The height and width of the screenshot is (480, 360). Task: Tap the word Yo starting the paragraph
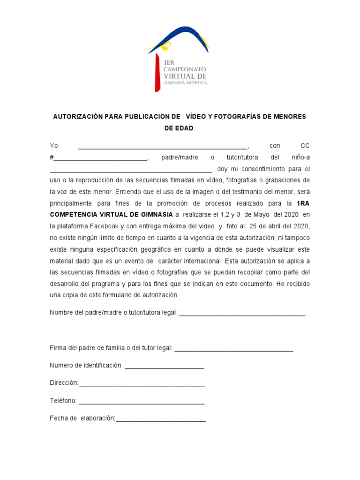pos(54,146)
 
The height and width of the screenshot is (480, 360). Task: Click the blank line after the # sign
pos(101,158)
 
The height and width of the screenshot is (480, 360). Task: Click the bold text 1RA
pos(303,203)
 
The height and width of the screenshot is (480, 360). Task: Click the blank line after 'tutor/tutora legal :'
pos(242,313)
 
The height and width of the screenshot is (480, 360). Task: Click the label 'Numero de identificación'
pos(85,365)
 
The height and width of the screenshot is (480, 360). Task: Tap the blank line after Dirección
pos(142,383)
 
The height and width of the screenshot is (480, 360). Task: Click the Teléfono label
pos(63,401)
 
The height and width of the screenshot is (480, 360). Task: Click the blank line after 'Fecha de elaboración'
pos(160,418)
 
